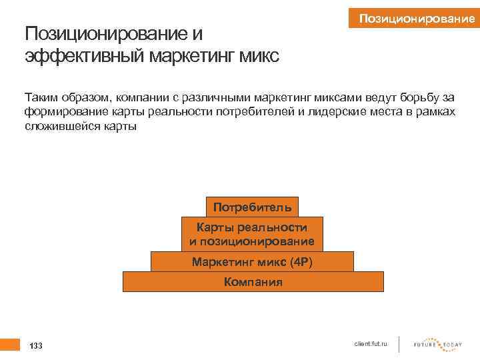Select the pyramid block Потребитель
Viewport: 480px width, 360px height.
coord(252,207)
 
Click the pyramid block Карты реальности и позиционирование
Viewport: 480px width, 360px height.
coord(252,234)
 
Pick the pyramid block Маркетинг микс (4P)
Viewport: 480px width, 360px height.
coord(252,261)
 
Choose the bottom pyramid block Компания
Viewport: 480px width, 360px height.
coord(253,282)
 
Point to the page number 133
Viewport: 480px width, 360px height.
coord(36,346)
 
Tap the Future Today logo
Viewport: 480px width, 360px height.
coord(438,345)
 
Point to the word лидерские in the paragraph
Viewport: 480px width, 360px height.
coord(335,111)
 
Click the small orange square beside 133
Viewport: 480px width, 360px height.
coord(9,344)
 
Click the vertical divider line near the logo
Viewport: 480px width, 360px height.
coord(399,344)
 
